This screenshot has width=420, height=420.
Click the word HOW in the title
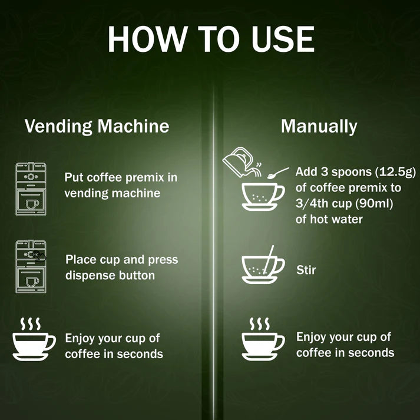pyautogui.click(x=147, y=39)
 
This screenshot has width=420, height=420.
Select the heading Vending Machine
pyautogui.click(x=97, y=126)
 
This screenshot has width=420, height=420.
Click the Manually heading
pyautogui.click(x=319, y=127)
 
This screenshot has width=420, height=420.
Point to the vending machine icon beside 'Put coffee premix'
pyautogui.click(x=31, y=189)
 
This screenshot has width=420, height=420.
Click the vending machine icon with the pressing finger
pyautogui.click(x=31, y=266)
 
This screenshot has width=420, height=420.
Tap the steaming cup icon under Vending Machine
pyautogui.click(x=34, y=339)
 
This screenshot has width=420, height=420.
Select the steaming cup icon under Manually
pyautogui.click(x=263, y=339)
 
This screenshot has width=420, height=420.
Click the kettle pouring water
pyautogui.click(x=242, y=162)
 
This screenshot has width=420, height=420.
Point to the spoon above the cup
pyautogui.click(x=278, y=173)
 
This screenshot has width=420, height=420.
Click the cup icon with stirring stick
pyautogui.click(x=263, y=265)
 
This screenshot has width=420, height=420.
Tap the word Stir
pyautogui.click(x=306, y=270)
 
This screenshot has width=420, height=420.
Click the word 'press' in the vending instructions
pyautogui.click(x=163, y=260)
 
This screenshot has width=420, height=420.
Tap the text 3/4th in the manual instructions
pyautogui.click(x=312, y=204)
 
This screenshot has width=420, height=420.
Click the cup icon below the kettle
pyautogui.click(x=263, y=197)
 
